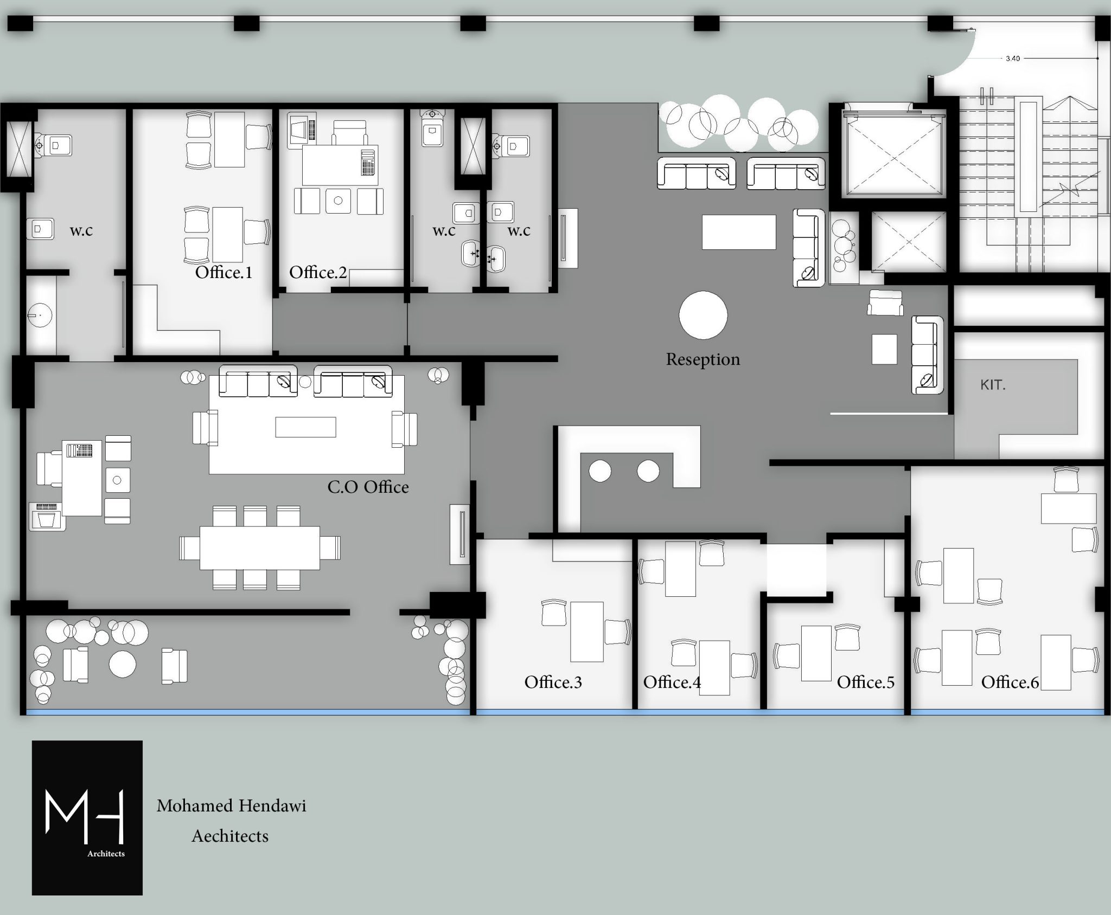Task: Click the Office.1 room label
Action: pos(224,272)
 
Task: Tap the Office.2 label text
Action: pos(318,272)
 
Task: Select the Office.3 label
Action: pos(553,682)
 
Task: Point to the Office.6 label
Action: pos(1010,682)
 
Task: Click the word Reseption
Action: pos(703,359)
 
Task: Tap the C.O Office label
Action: pos(368,487)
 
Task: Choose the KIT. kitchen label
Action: pos(993,385)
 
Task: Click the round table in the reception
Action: pos(703,315)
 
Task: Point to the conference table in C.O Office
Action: pos(259,547)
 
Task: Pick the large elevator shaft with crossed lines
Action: pos(888,152)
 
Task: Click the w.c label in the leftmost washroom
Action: pos(81,230)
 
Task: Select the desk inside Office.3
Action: pos(586,632)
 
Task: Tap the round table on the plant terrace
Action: pos(123,664)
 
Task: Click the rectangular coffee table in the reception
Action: pos(739,232)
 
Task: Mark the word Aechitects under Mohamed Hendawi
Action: pos(230,836)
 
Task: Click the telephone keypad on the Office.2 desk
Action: pos(367,161)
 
